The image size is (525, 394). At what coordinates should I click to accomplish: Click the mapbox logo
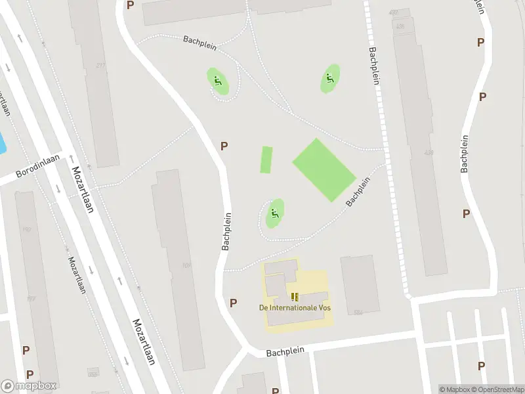(29, 386)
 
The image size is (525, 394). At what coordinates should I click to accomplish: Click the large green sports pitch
(324, 169)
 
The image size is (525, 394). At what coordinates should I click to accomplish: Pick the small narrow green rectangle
(266, 160)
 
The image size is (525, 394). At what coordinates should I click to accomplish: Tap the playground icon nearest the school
(274, 213)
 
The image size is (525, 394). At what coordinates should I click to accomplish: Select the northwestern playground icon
(219, 81)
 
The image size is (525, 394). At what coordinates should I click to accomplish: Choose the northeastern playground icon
(331, 79)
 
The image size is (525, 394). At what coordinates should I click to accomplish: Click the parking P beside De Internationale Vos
(233, 303)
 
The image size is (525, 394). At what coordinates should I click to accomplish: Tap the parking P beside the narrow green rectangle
(224, 146)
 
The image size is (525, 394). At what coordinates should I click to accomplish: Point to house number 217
(100, 65)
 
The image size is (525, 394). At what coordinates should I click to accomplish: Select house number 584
(359, 312)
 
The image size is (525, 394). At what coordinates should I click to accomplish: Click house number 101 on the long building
(186, 265)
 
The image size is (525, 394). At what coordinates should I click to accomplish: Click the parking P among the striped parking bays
(481, 366)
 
